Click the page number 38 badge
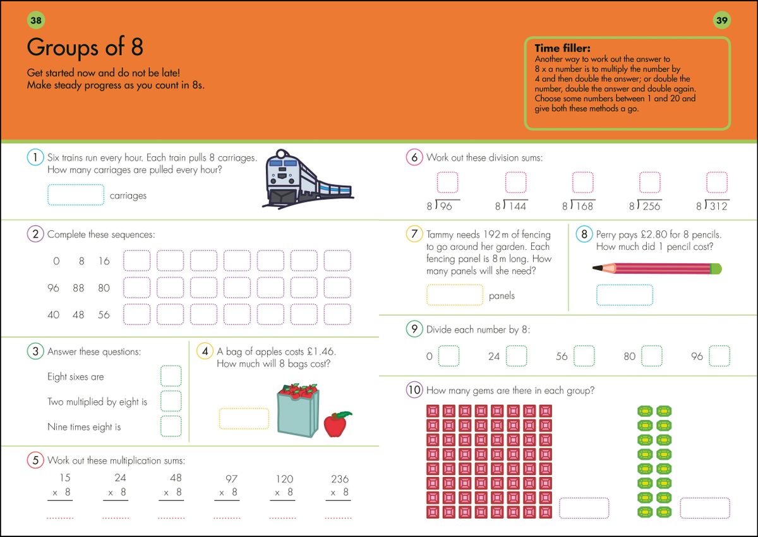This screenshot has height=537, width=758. [x=36, y=21]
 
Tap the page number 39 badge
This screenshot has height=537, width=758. [x=721, y=21]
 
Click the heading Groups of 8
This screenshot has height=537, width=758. [x=85, y=47]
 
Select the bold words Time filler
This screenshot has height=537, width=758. [x=562, y=48]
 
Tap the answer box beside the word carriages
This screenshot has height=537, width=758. [x=76, y=195]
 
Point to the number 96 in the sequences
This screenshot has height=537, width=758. [x=53, y=288]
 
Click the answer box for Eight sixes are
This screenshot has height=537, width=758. [x=171, y=376]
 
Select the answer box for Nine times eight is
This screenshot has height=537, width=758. [x=171, y=426]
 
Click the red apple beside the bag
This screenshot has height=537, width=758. [x=337, y=424]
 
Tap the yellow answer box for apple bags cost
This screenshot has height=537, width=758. [x=244, y=419]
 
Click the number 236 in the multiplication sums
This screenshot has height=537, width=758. [x=339, y=479]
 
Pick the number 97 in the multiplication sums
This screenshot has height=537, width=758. [x=231, y=479]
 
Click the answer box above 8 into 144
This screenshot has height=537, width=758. [x=515, y=183]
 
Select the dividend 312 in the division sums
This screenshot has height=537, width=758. [x=718, y=206]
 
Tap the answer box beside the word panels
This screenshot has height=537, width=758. [x=455, y=295]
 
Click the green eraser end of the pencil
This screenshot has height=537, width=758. [x=716, y=269]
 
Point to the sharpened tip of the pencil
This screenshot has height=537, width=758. [x=596, y=269]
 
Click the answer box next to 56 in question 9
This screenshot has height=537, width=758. [x=584, y=356]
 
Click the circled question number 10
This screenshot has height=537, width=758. [x=414, y=390]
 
